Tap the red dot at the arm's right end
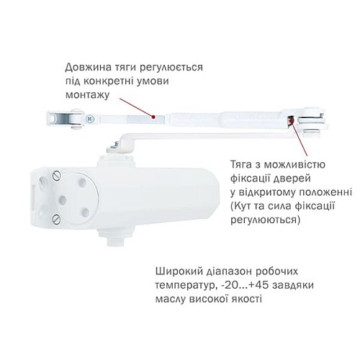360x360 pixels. coord(291,122)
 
